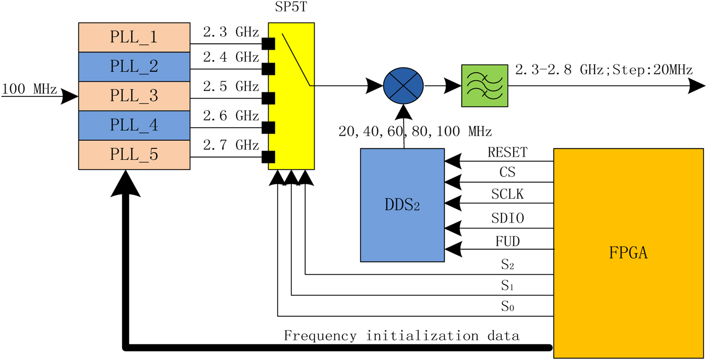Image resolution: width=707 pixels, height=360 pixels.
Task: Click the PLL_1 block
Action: pos(134,37)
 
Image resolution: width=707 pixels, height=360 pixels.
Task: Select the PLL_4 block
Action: pos(134,125)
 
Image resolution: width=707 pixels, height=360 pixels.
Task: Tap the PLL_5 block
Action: pos(134,155)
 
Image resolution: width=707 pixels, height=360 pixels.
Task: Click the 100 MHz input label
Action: pos(29,89)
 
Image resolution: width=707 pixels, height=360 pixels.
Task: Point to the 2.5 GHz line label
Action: pos(231,86)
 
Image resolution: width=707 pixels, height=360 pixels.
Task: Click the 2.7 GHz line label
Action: pos(231,145)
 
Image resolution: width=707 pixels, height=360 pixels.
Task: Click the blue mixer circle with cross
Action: pos(403,86)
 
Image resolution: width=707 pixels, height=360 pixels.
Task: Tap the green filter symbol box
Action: pos(484,86)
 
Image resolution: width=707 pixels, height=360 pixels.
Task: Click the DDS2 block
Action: pos(402,204)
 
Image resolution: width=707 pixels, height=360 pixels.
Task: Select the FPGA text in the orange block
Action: pos(628,252)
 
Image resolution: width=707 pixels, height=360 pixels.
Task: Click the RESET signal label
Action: pos(507,152)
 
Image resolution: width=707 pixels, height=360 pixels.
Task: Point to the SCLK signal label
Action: pos(507,194)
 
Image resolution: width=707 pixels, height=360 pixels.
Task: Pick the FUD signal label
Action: pos(507,241)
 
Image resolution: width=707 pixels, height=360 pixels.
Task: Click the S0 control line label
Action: pos(508,306)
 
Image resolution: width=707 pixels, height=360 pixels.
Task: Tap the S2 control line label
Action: pos(508,265)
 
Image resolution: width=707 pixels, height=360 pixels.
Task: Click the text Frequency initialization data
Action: pos(401,336)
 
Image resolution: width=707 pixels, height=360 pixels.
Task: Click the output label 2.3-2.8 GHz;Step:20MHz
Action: pos(603,70)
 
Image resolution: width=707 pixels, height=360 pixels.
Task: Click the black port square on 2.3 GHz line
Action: pos(268,44)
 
